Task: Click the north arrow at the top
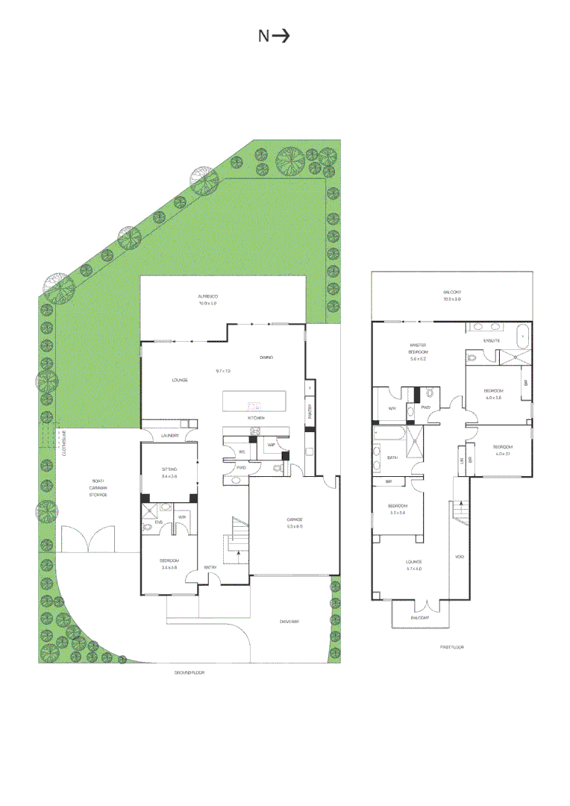pos(274,36)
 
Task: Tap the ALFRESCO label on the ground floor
pos(207,296)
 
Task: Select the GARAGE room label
pos(294,519)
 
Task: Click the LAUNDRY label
pos(169,436)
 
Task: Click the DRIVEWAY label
pos(289,621)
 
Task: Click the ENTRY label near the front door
pos(210,569)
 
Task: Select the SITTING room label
pos(169,469)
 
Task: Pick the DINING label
pos(266,357)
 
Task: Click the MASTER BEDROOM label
pos(418,347)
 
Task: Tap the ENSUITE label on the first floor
pos(491,341)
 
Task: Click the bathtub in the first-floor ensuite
pos(522,337)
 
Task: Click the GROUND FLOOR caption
pos(190,672)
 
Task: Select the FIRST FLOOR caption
pos(452,647)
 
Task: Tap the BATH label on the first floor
pos(392,457)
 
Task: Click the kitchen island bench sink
pos(254,407)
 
